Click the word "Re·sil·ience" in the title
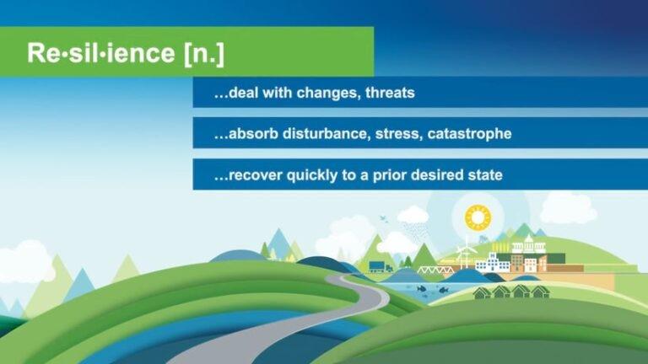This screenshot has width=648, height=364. click(101, 53)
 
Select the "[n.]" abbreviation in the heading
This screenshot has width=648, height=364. click(203, 53)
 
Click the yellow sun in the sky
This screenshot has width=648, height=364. click(478, 218)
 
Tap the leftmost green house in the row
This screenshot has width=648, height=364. click(483, 292)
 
